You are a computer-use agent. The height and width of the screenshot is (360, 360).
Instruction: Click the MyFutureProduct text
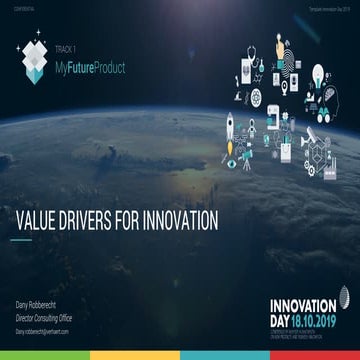110,63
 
